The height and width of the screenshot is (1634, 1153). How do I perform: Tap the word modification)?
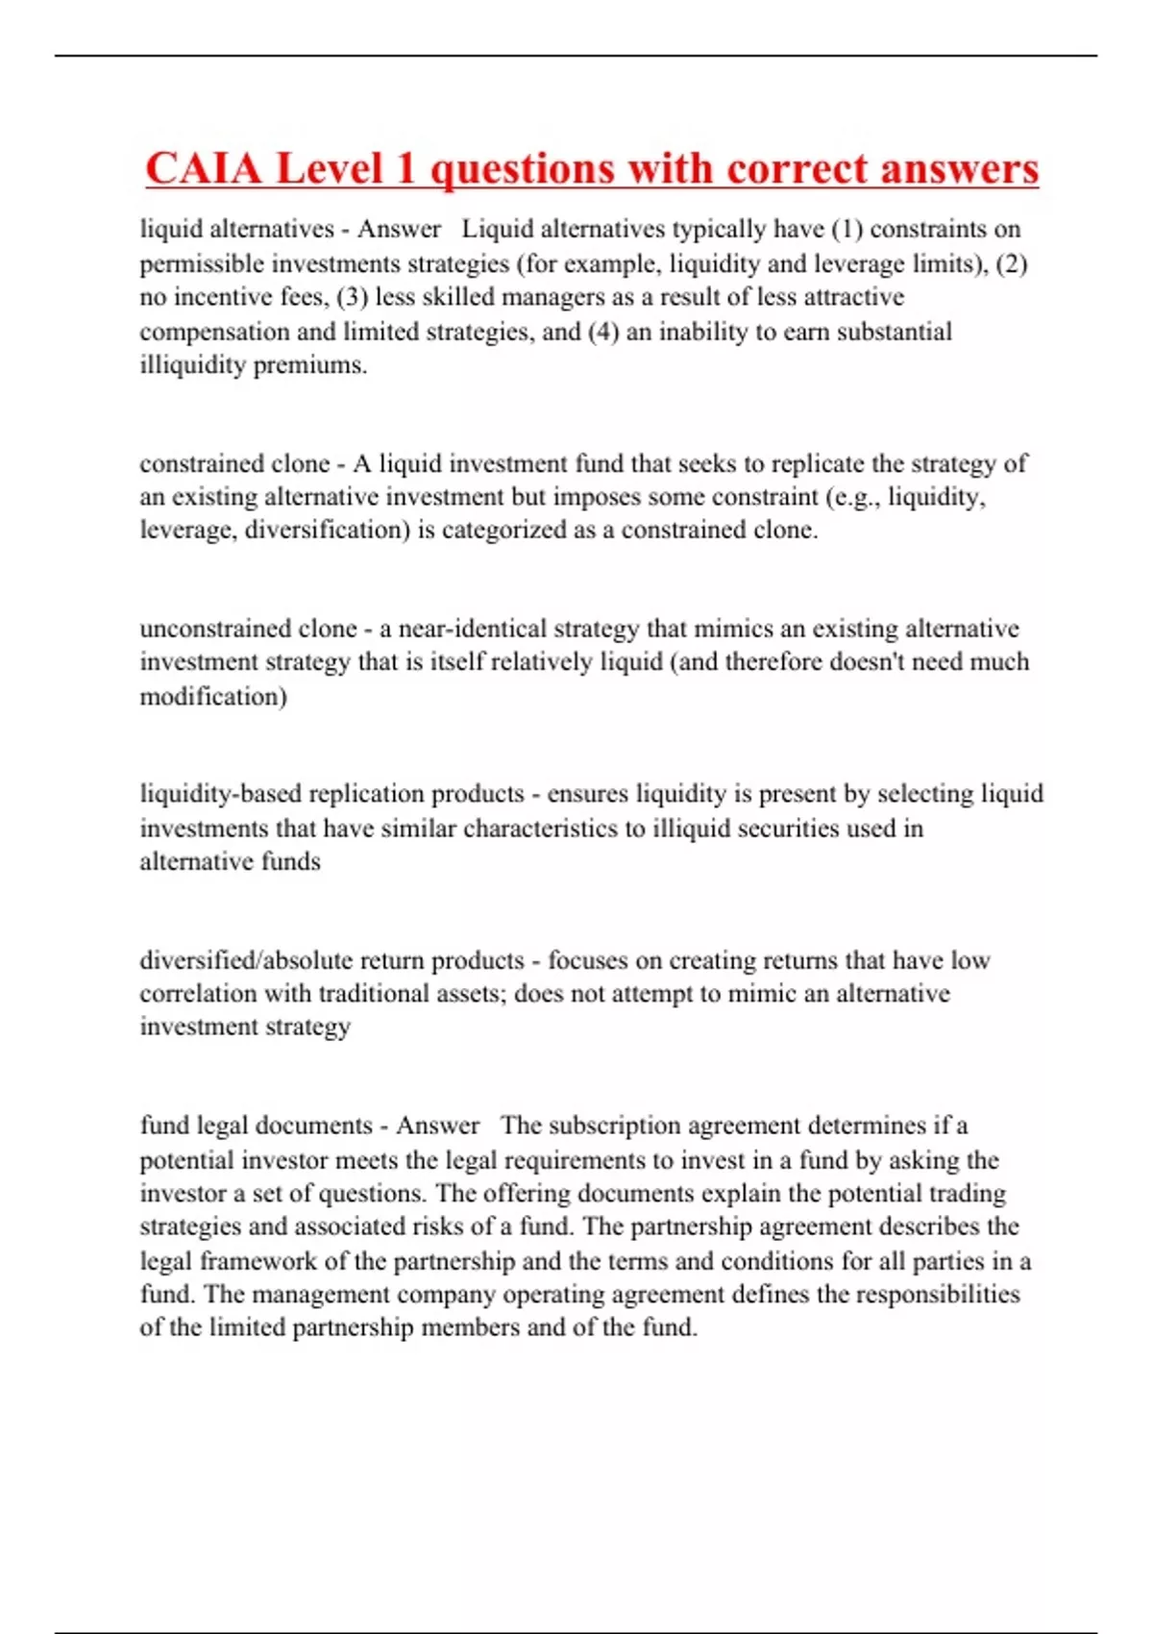pos(213,696)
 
